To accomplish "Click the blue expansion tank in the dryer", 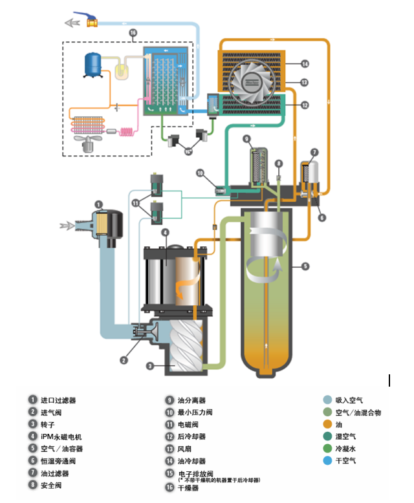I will (95, 63).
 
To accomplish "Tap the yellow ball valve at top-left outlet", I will (91, 21).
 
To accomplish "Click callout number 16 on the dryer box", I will (133, 33).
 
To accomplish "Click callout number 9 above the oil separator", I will (246, 138).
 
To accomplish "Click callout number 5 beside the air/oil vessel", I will (305, 266).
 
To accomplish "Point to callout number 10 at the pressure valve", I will (200, 173).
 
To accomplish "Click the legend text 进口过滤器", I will (58, 401).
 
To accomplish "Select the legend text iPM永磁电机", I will (64, 436).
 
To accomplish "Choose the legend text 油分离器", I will (195, 401).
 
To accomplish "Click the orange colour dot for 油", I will (328, 424).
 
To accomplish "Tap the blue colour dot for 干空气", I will (328, 460).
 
